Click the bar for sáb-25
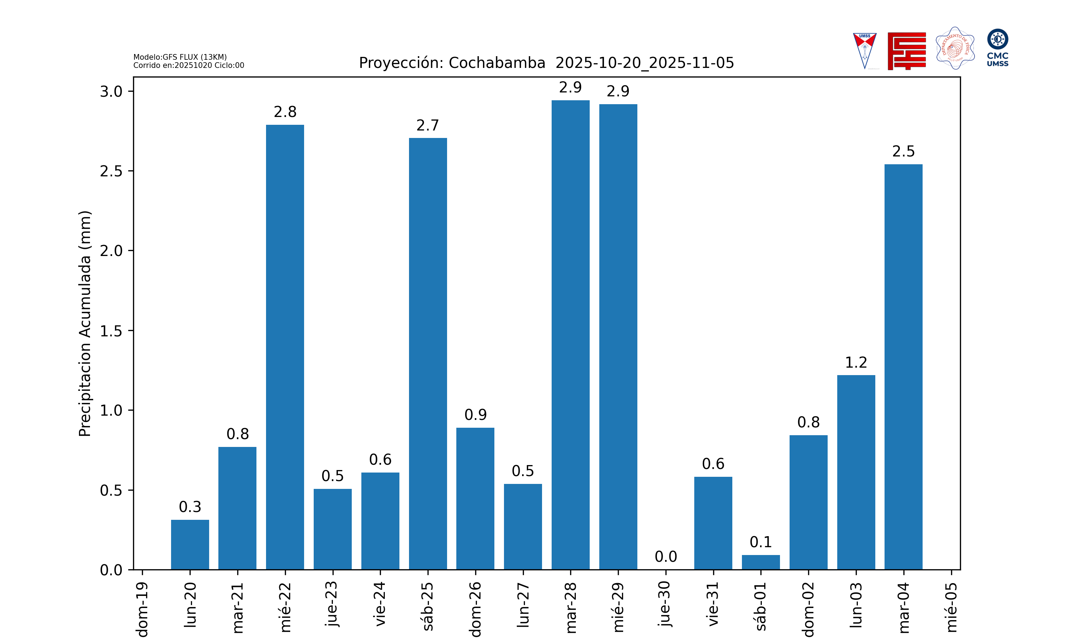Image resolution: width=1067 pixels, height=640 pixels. click(428, 354)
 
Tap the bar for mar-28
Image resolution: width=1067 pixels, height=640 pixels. click(570, 335)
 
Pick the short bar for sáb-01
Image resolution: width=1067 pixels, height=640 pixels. click(760, 562)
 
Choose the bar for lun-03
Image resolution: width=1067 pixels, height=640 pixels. click(856, 472)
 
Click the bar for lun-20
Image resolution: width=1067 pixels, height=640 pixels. click(190, 545)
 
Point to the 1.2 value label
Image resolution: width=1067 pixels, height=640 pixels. click(856, 363)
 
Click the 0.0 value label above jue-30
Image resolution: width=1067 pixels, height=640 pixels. click(665, 557)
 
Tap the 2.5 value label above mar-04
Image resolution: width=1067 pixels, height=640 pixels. click(903, 151)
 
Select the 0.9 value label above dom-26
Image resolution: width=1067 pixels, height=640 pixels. click(475, 415)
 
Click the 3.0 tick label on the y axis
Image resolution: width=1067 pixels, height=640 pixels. click(111, 91)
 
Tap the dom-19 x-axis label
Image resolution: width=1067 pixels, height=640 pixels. click(142, 609)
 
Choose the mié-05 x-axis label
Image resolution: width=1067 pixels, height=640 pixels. click(951, 607)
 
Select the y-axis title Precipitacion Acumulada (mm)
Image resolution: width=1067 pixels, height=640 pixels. click(85, 324)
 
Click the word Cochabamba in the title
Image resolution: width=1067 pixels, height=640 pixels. click(497, 63)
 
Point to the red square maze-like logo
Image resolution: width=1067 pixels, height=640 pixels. click(907, 51)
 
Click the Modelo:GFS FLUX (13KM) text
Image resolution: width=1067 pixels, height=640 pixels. click(180, 57)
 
